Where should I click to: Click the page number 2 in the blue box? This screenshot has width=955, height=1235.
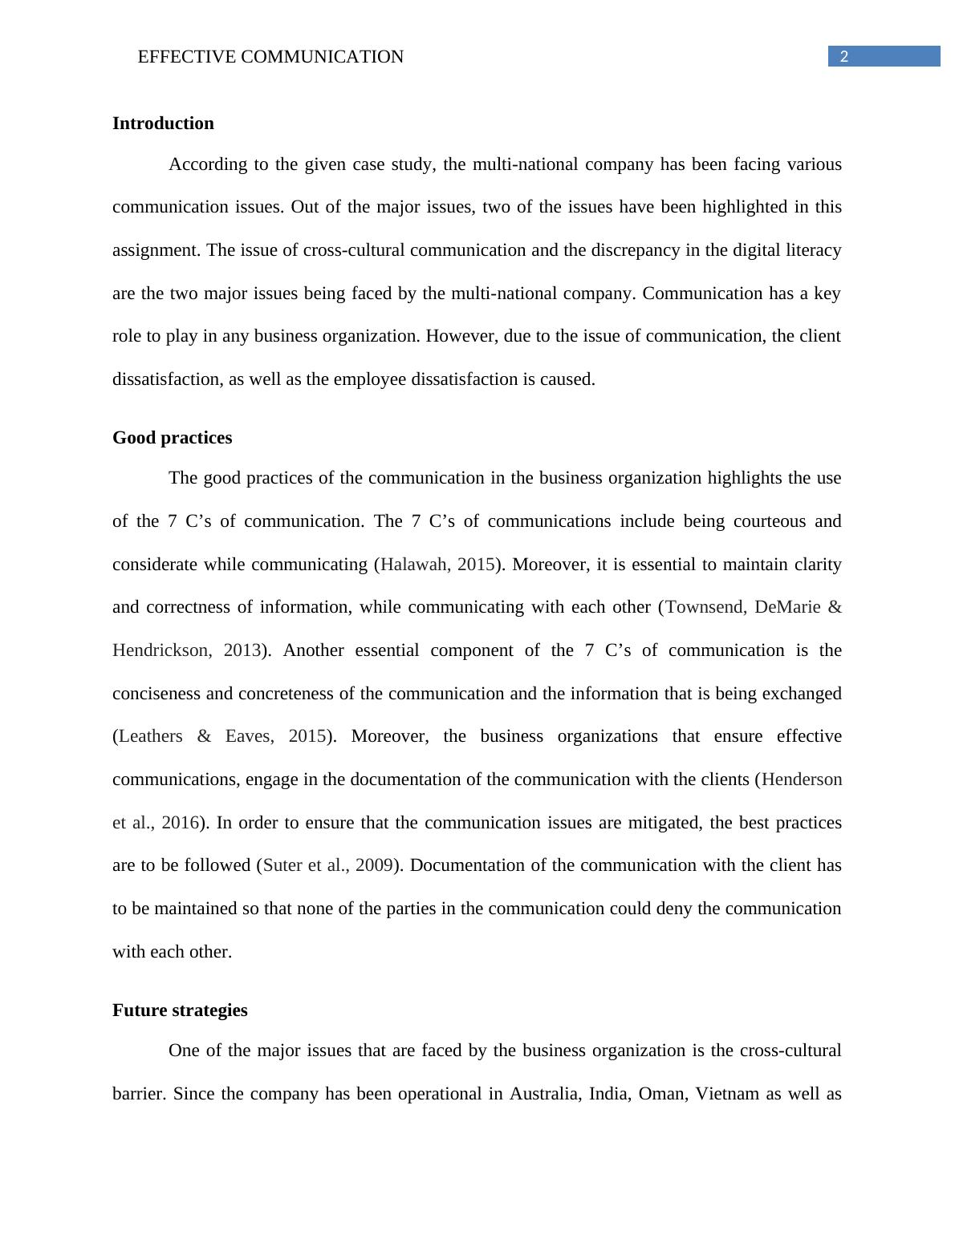click(843, 56)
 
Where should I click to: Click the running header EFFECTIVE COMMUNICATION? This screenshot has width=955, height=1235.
click(270, 57)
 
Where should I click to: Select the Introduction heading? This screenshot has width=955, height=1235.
click(163, 123)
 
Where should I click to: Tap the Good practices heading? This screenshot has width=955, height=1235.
click(172, 438)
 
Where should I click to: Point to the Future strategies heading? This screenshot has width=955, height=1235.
click(180, 1010)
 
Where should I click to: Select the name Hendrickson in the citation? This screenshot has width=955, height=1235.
click(161, 650)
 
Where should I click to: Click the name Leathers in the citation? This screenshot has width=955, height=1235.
click(151, 736)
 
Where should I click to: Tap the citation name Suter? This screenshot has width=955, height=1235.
click(282, 865)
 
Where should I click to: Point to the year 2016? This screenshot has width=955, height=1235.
click(180, 823)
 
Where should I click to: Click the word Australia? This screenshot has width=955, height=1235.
click(544, 1094)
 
